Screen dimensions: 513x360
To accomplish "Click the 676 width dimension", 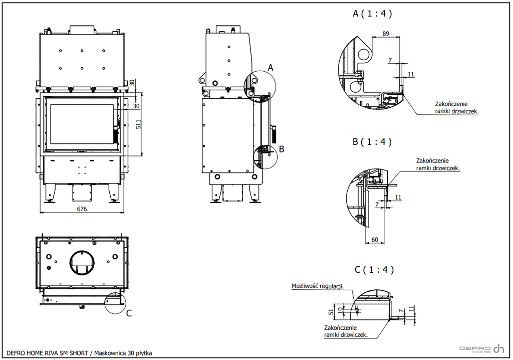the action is (82, 209).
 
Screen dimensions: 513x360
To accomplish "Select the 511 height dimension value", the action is (138, 124).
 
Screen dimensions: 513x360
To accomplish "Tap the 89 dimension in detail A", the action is (386, 34).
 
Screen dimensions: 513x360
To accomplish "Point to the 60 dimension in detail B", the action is (375, 240).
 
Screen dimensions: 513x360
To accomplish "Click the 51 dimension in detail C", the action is (332, 311).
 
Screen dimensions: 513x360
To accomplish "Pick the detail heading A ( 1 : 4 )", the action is (372, 14).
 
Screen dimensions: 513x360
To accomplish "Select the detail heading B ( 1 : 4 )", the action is (372, 142).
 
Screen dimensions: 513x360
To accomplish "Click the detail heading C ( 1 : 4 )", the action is (374, 270).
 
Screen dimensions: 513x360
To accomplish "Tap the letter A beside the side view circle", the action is (270, 68).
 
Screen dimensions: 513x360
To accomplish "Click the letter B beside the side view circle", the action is (282, 149).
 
